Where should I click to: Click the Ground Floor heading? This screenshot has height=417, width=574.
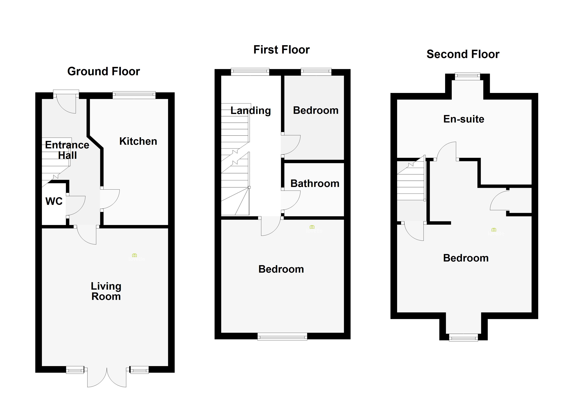click(x=103, y=71)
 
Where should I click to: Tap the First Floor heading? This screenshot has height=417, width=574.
click(x=281, y=50)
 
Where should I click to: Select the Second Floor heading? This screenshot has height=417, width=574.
click(x=463, y=54)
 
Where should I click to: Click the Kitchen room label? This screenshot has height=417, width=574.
click(x=138, y=141)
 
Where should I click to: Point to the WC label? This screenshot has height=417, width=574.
click(x=54, y=201)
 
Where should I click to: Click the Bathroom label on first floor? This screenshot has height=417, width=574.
click(x=315, y=183)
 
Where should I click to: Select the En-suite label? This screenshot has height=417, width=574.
click(x=464, y=119)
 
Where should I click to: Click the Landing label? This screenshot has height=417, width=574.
click(x=250, y=111)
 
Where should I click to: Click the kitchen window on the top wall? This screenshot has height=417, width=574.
click(x=134, y=95)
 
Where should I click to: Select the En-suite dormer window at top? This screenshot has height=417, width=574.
click(x=467, y=76)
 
